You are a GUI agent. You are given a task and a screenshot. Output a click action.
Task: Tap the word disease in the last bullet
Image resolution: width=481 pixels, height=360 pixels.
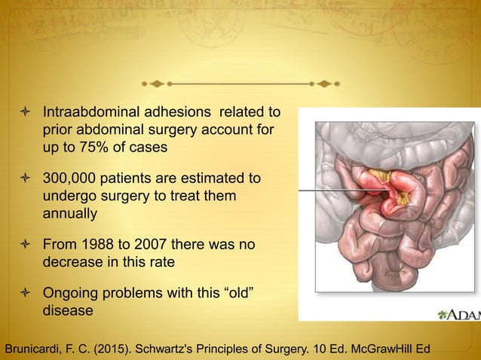(67, 310)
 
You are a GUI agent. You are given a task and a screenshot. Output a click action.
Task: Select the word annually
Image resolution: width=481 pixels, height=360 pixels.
(69, 213)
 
